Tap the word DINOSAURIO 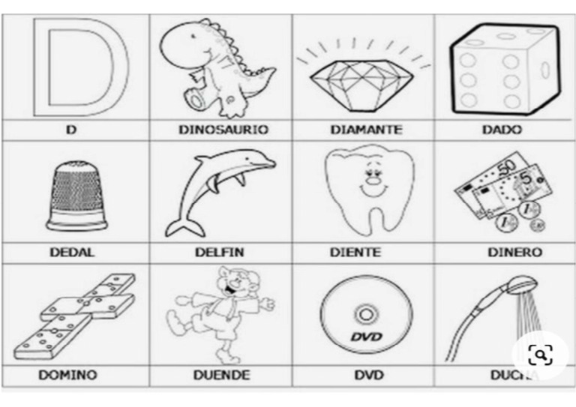[223, 130]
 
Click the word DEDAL [72, 253]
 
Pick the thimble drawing [76, 198]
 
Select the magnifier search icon [540, 355]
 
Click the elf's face [228, 284]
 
